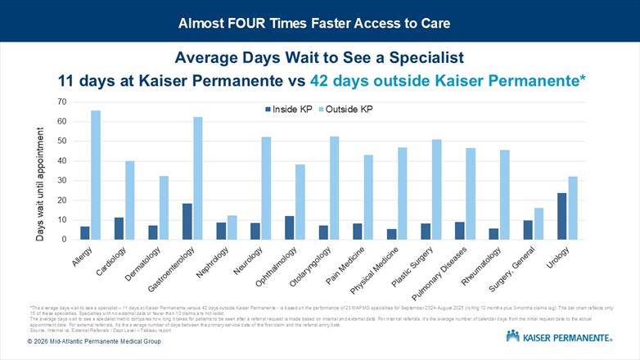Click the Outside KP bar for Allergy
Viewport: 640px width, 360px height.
click(96, 175)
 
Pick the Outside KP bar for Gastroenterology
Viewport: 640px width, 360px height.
click(197, 178)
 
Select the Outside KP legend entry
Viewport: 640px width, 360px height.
click(345, 109)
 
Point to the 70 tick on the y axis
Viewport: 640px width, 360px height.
click(61, 101)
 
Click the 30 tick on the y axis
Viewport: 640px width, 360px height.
click(61, 180)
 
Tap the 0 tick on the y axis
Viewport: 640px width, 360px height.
click(64, 239)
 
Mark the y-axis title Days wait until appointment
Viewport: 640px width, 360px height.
click(40, 170)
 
